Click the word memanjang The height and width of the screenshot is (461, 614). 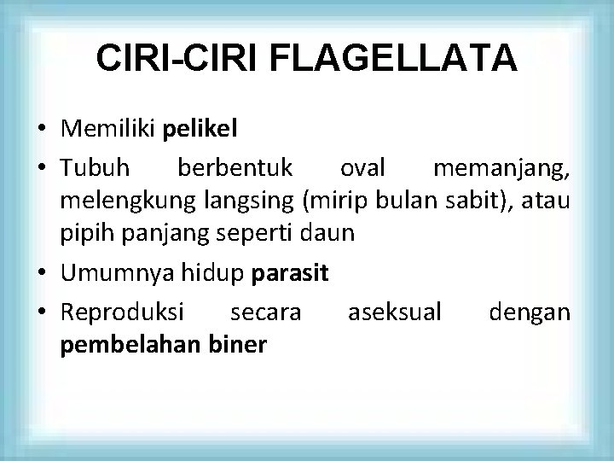coord(501,171)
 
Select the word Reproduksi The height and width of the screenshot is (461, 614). coord(121,312)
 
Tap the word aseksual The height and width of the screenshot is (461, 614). coord(395,312)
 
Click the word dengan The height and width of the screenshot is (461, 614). coord(530,312)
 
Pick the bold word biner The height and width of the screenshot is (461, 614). coord(241,343)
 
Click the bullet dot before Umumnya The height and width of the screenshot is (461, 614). coord(42,275)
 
